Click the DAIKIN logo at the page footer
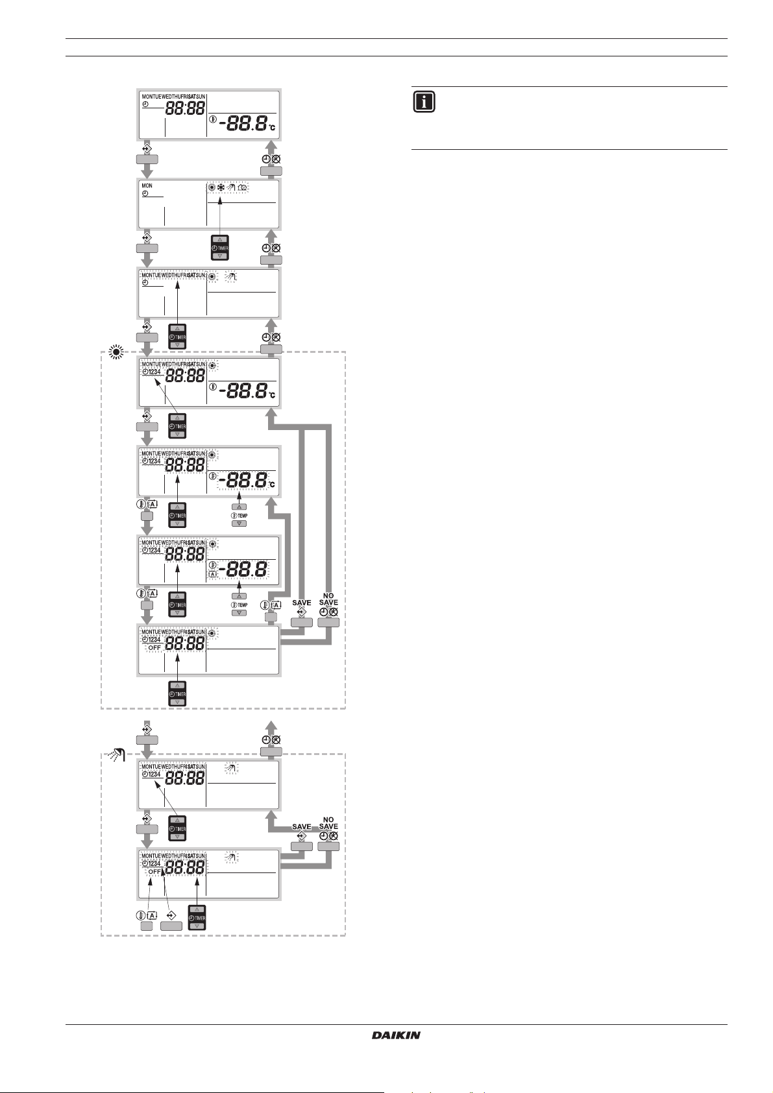coord(396,1035)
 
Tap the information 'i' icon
coord(423,102)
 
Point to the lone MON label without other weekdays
coord(147,186)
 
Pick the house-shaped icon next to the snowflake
coord(243,187)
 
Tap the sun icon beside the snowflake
coord(212,187)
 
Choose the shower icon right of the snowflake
coord(232,187)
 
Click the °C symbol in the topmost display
coord(273,128)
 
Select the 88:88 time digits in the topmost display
coord(187,108)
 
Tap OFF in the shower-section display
coord(154,872)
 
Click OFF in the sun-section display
coord(154,648)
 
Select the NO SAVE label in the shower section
coord(328,823)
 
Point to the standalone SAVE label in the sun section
coord(302,603)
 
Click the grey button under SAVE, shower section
coord(302,846)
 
